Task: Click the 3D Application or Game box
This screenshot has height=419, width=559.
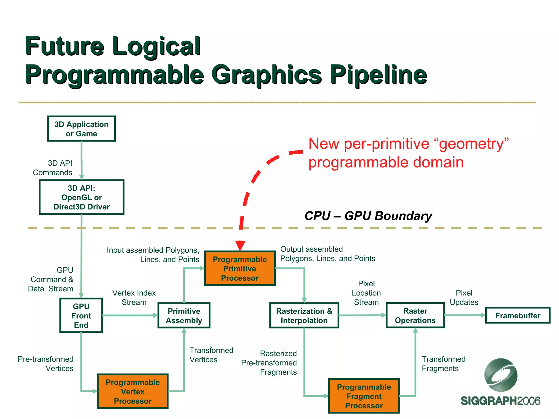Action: click(x=81, y=129)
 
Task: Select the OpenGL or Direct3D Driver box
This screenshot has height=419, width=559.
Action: click(x=81, y=197)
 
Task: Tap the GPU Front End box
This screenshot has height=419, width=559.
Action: click(x=81, y=316)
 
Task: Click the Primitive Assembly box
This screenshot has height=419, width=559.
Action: click(x=184, y=316)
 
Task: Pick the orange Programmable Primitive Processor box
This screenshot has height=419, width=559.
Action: click(x=240, y=268)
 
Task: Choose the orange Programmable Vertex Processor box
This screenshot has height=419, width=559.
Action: click(x=133, y=391)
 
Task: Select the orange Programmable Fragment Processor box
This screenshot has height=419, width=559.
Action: click(x=364, y=396)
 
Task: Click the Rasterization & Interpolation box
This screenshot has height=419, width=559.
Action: click(x=304, y=316)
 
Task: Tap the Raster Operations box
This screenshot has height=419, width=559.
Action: click(x=415, y=316)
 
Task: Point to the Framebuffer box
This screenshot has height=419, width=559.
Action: click(x=518, y=316)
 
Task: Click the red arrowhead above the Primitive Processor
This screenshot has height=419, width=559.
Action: click(x=240, y=245)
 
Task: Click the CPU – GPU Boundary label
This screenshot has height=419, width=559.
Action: click(x=368, y=216)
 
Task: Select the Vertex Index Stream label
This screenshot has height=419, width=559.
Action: click(x=134, y=298)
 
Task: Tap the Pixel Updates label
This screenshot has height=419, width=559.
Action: click(x=464, y=298)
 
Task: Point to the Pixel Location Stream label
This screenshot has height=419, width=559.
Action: click(x=366, y=293)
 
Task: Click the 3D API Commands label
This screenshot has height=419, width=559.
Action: click(x=53, y=168)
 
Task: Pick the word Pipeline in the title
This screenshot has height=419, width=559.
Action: click(x=378, y=75)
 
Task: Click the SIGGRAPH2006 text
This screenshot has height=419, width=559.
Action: click(x=500, y=401)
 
